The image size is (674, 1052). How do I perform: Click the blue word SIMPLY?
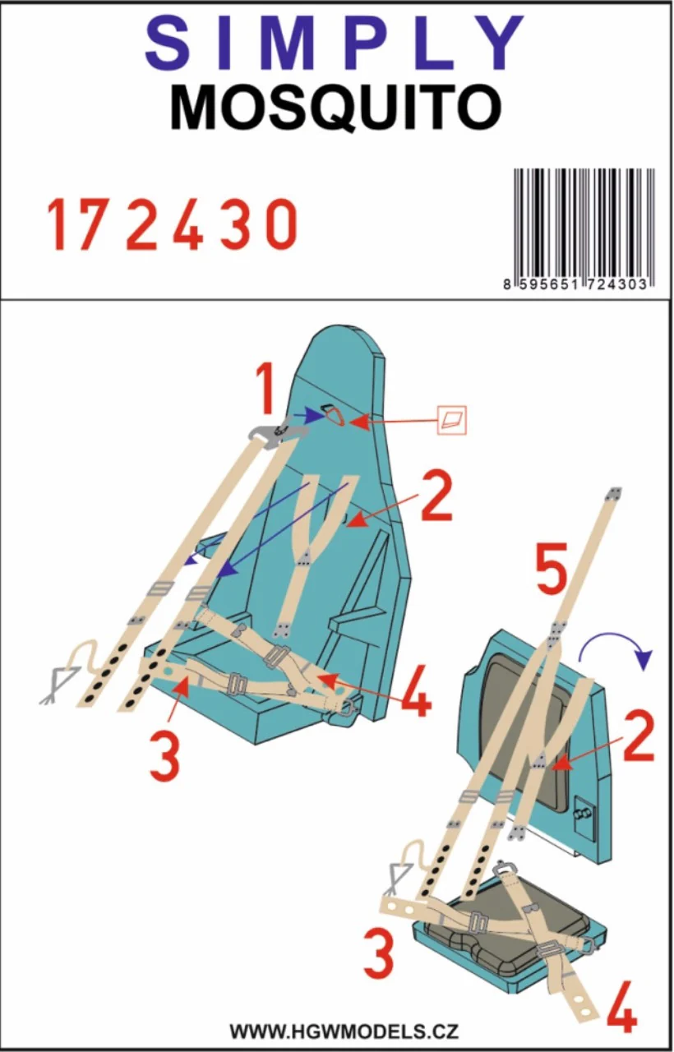click(335, 44)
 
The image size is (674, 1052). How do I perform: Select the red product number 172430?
click(172, 224)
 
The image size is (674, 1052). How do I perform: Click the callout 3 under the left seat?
click(166, 758)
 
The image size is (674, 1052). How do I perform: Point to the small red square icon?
click(452, 419)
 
